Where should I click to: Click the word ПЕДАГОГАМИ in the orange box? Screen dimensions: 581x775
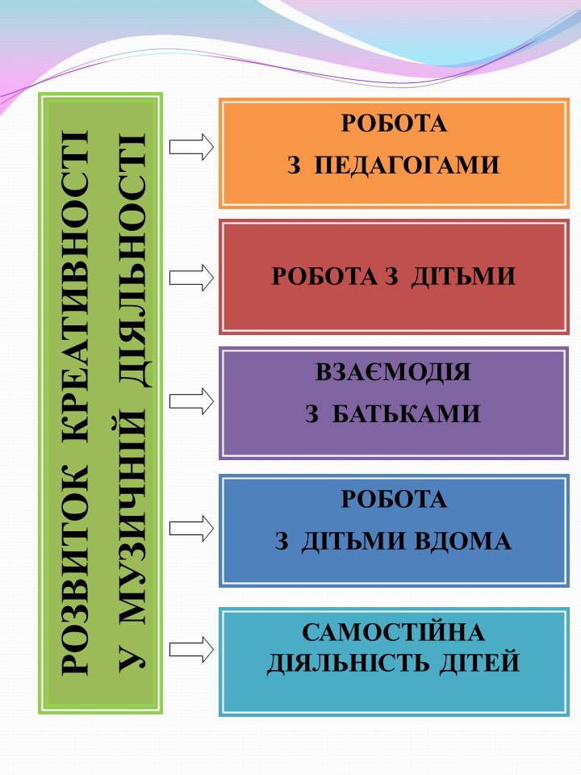(407, 165)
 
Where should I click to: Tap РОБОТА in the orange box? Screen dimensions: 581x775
(394, 123)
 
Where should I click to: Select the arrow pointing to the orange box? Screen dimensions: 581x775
(192, 147)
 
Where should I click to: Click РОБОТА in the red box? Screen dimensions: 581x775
(324, 276)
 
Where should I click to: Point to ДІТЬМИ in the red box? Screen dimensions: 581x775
(463, 276)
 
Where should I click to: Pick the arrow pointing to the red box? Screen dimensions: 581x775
(192, 278)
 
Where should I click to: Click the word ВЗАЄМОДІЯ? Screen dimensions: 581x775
(393, 372)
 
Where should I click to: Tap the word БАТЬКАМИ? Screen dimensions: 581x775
(406, 413)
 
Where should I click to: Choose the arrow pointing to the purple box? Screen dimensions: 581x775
(192, 401)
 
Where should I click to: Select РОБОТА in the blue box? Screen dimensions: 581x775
(394, 499)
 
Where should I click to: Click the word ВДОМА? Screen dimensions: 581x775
(462, 541)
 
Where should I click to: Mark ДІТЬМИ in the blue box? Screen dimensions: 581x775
(353, 541)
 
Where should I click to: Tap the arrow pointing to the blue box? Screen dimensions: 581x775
(192, 528)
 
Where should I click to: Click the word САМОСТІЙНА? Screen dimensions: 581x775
(393, 631)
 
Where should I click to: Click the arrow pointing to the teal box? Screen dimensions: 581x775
(192, 649)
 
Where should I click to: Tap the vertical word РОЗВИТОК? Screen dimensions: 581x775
(75, 569)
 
